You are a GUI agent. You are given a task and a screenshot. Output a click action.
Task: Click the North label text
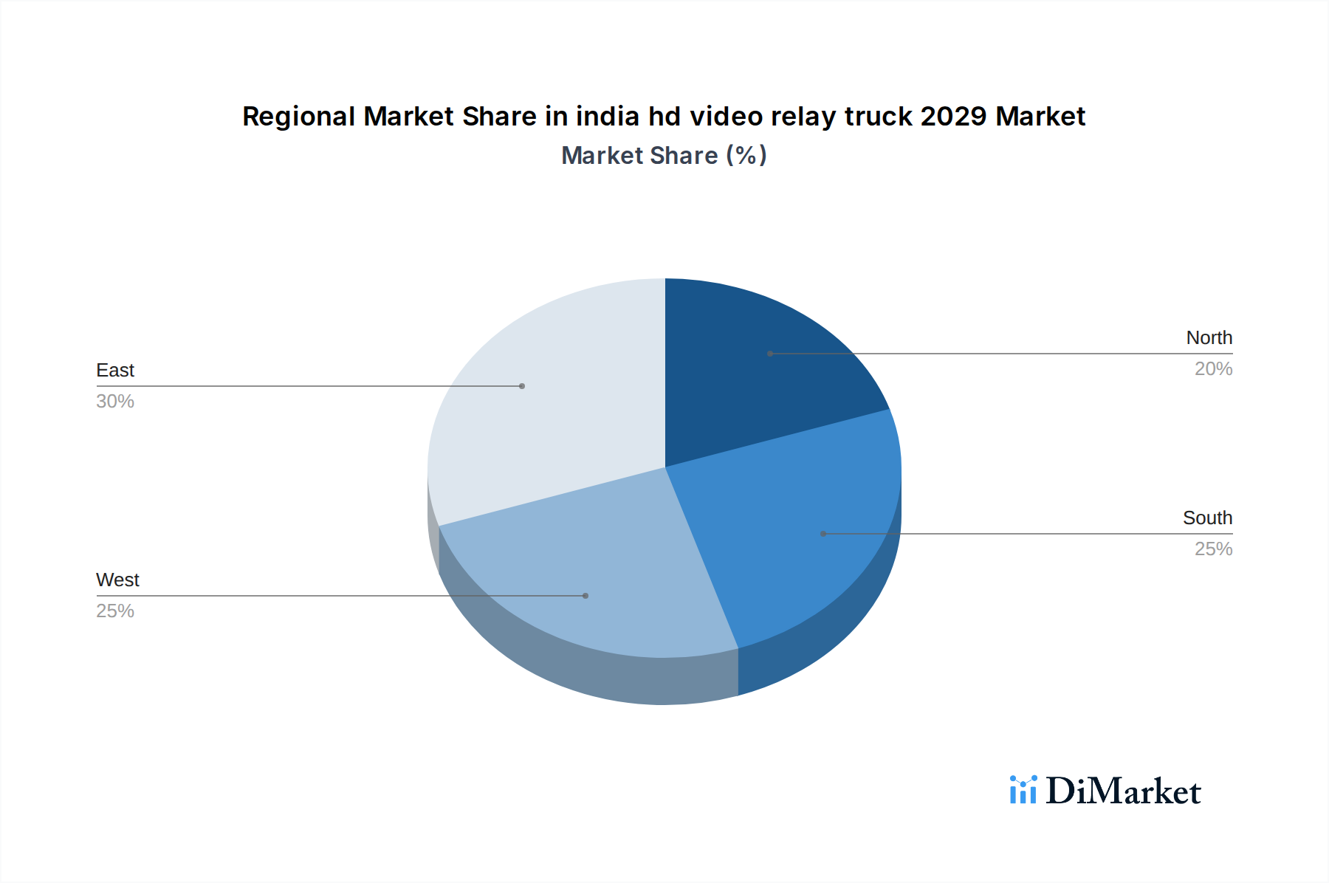pos(1209,338)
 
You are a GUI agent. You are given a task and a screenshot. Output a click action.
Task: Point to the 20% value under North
pos(1213,369)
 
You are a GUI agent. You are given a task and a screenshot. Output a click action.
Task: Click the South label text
pos(1207,518)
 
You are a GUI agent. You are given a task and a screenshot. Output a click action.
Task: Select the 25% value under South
pos(1213,549)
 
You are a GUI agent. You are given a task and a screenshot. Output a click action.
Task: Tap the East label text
pos(115,371)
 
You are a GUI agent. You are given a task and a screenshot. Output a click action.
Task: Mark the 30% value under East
pos(115,402)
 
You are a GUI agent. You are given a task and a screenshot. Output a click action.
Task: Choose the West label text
pos(117,580)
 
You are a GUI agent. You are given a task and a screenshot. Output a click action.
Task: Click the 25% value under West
pos(115,611)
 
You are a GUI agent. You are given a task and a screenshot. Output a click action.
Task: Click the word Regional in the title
pos(298,117)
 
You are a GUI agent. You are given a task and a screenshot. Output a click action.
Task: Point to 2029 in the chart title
pos(953,117)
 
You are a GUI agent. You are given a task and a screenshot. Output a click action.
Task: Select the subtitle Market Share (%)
pos(664,156)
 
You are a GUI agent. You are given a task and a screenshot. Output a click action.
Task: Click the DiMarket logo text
pos(1123,791)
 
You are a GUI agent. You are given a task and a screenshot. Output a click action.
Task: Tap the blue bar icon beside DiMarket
pos(1023,790)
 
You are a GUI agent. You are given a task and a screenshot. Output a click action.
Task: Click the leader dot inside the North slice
pos(770,354)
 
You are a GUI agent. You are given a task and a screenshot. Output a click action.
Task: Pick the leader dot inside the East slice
pos(522,386)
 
